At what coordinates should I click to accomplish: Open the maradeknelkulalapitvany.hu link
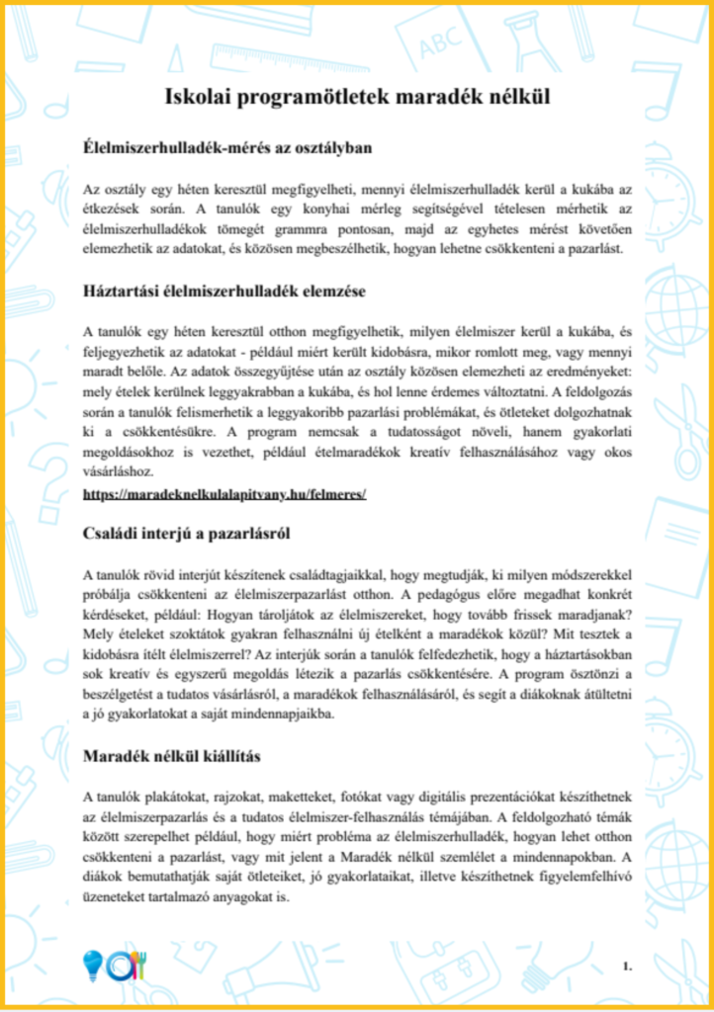[x=224, y=492]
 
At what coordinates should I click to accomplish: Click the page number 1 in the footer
[x=627, y=963]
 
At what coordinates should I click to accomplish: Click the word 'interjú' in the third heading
[x=173, y=536]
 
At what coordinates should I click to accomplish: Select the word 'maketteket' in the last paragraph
[x=302, y=795]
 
